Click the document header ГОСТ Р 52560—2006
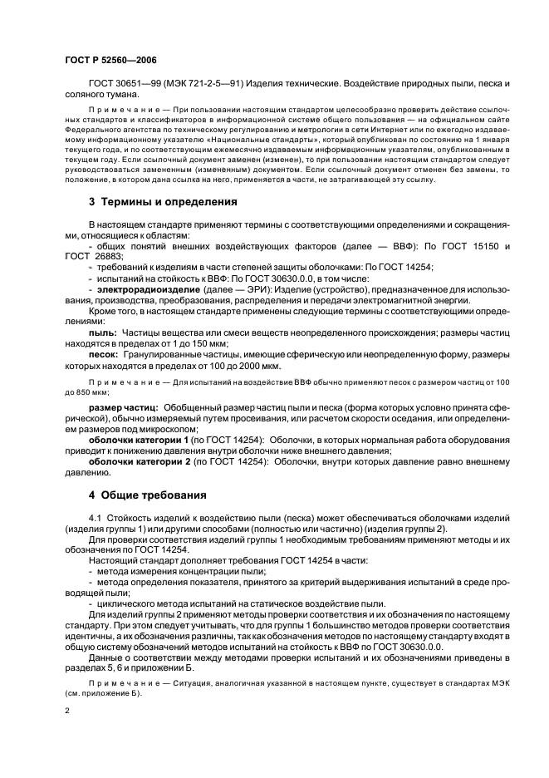coord(110,61)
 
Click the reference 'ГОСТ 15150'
coord(470,247)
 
